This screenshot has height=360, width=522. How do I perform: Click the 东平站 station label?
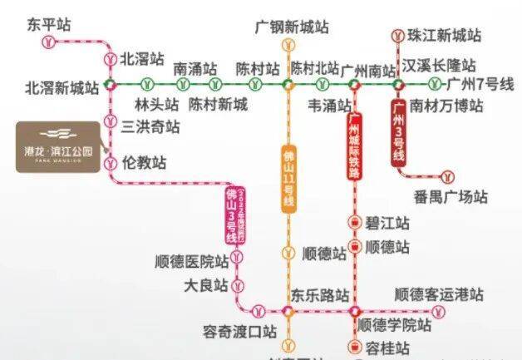click(x=49, y=25)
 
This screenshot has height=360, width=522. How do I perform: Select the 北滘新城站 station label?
click(x=62, y=86)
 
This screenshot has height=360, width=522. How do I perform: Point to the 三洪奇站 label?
click(x=150, y=126)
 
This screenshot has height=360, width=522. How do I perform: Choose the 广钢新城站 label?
click(x=291, y=27)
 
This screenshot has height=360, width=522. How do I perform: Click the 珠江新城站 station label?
click(x=444, y=36)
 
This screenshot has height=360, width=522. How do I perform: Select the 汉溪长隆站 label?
click(x=439, y=65)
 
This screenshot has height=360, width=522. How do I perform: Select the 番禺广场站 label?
click(x=450, y=197)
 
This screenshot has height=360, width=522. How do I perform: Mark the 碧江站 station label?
click(x=387, y=223)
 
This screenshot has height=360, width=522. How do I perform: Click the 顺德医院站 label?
click(x=191, y=260)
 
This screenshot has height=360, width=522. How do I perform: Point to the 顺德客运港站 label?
click(x=439, y=295)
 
